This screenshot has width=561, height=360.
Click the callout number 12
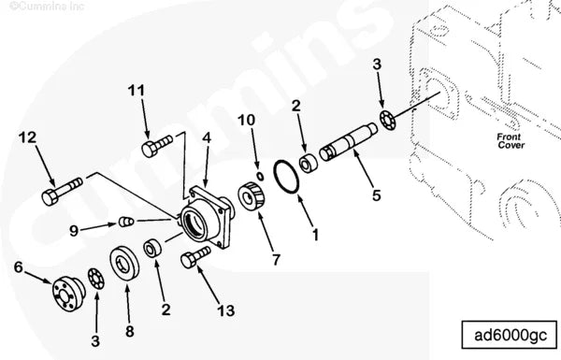[29, 137]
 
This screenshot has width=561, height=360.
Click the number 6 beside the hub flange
[18, 266]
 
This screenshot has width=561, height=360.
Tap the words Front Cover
[511, 140]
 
